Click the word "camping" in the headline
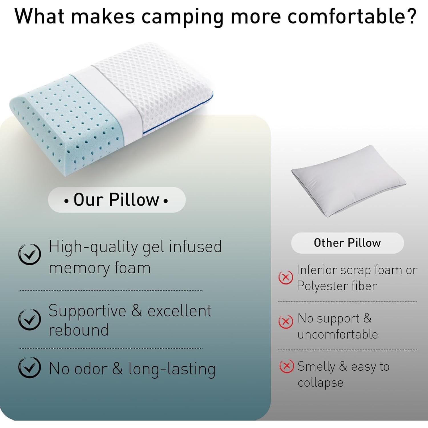(x=183, y=17)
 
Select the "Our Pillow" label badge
(x=117, y=199)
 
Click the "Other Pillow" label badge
(x=347, y=243)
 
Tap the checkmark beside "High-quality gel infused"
(x=29, y=254)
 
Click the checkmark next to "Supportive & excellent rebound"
(x=29, y=319)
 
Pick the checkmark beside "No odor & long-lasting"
(x=29, y=367)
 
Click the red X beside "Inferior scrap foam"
(x=286, y=277)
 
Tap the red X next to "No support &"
(x=286, y=322)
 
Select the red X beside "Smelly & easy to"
(x=286, y=366)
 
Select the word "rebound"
(x=78, y=330)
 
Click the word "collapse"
(x=320, y=383)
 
